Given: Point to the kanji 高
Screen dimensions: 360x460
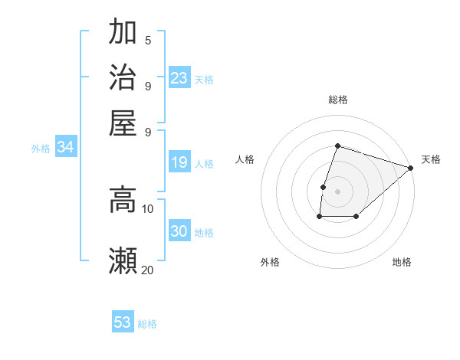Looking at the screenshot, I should [123, 200].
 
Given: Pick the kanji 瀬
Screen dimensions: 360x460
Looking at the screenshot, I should [123, 261].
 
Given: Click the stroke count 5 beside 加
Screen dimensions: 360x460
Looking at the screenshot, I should [148, 41].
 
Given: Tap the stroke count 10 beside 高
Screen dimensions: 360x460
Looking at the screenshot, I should [148, 208].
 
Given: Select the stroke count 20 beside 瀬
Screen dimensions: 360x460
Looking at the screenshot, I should [148, 270].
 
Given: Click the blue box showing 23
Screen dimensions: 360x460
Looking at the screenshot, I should [179, 78].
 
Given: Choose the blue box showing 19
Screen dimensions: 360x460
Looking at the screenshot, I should [179, 162].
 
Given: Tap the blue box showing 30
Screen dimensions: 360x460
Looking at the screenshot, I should [179, 231].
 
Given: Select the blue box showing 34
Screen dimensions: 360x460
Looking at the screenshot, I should [65, 148].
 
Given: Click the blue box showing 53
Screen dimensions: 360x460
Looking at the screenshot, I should [123, 322].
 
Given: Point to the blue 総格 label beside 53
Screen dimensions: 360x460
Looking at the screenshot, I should [148, 324].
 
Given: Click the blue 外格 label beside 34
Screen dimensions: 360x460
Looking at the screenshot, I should [41, 149].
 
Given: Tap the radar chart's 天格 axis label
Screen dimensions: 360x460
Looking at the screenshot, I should [431, 159].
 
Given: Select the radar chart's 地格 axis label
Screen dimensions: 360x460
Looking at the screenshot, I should [402, 262].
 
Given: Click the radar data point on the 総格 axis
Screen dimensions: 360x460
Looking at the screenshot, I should [337, 146].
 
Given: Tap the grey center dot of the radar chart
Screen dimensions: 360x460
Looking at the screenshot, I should [337, 191].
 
